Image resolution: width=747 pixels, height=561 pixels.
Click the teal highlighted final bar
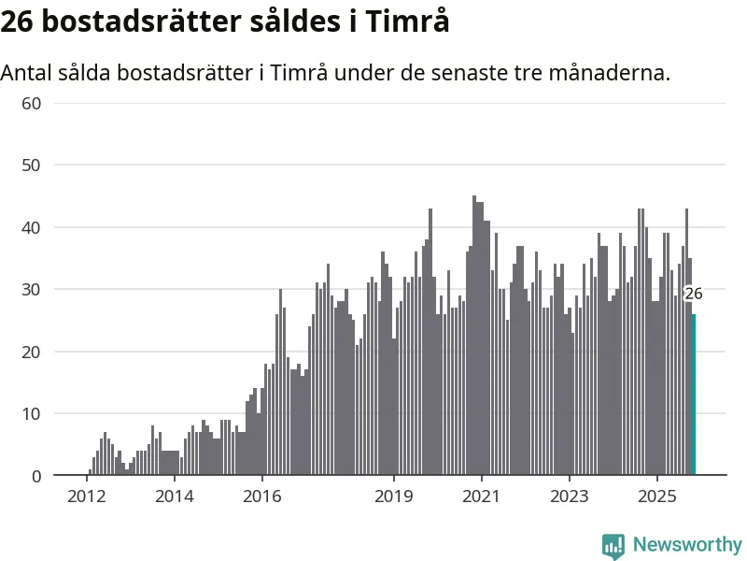[693, 395]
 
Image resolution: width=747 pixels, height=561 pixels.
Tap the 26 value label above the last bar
[693, 294]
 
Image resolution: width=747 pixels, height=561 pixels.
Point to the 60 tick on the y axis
[32, 103]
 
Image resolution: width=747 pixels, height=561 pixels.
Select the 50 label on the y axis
[32, 165]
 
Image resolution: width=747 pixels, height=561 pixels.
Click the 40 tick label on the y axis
[32, 227]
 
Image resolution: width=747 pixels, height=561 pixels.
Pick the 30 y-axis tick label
[32, 290]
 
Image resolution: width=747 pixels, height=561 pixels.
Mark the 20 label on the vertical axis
[32, 352]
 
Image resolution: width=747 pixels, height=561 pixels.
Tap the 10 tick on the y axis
[32, 414]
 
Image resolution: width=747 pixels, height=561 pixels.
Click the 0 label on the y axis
[36, 476]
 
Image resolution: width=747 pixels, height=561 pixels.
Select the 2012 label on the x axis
[86, 496]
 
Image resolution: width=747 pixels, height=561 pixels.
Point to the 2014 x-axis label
[174, 496]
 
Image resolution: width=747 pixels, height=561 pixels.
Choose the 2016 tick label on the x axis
[261, 496]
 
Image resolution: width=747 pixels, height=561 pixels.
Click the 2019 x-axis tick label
[394, 496]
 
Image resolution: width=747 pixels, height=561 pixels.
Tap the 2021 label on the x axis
[482, 496]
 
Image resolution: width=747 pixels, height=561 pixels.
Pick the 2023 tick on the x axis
[570, 496]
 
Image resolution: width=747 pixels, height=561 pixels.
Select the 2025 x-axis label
[657, 496]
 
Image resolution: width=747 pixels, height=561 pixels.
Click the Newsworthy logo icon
[613, 545]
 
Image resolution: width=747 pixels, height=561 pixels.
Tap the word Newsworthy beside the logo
[687, 544]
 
